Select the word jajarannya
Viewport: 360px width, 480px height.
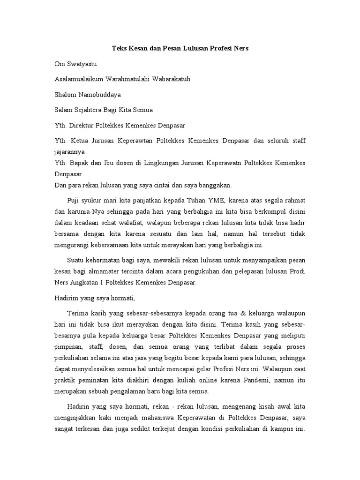click(70, 152)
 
